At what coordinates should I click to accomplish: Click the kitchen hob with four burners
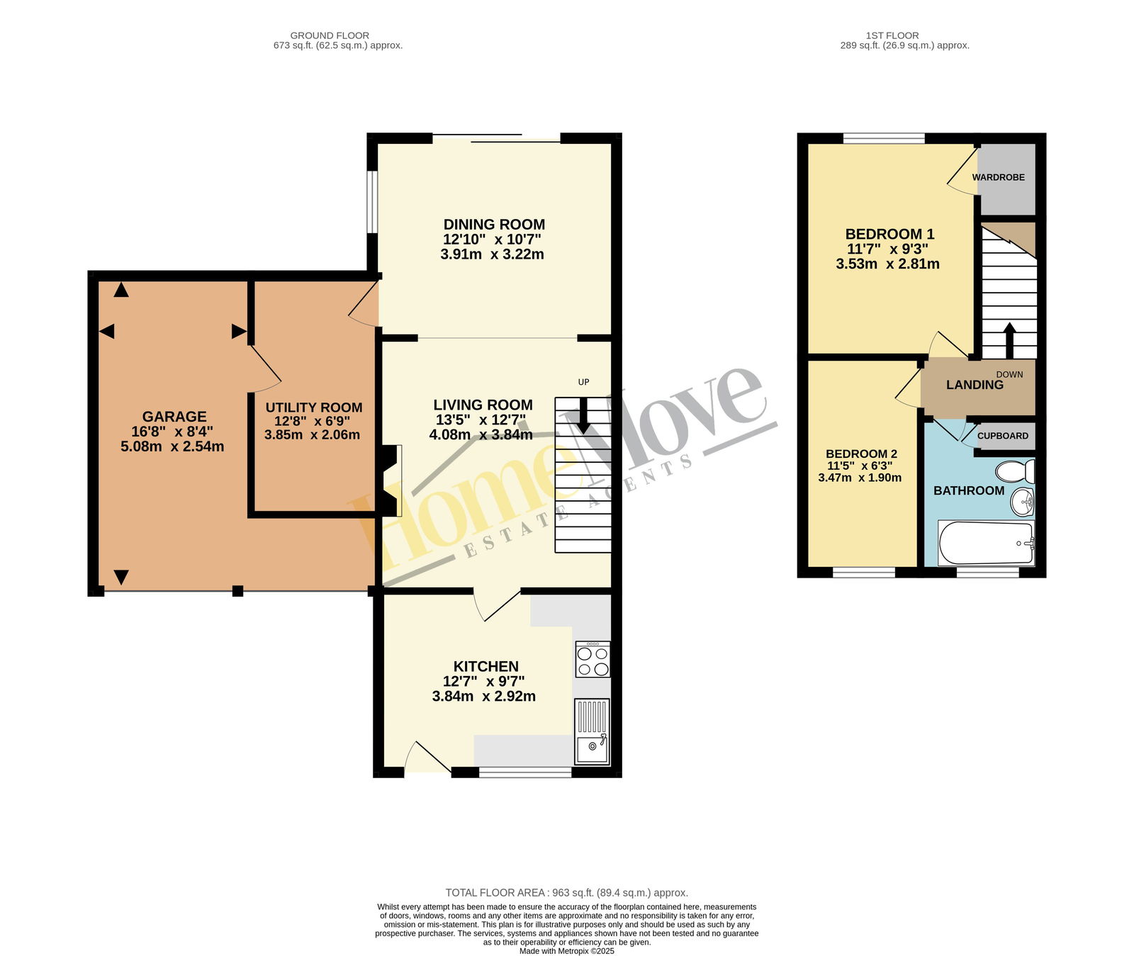click(x=593, y=659)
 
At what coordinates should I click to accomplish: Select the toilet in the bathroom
click(x=1015, y=471)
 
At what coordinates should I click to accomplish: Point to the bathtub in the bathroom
click(x=986, y=543)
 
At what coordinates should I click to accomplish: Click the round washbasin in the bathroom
click(x=1022, y=502)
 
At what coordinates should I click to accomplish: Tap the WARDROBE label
click(x=998, y=177)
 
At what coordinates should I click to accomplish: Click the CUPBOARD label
click(x=1003, y=436)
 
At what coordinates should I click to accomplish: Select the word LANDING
click(x=975, y=385)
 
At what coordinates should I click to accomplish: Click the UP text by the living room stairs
click(x=583, y=382)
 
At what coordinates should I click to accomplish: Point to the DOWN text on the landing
click(x=1009, y=374)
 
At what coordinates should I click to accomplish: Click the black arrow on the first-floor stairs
click(x=1009, y=340)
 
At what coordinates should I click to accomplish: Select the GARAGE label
click(x=174, y=417)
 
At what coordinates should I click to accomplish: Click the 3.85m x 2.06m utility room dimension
click(x=312, y=434)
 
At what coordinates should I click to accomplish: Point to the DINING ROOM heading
click(x=494, y=225)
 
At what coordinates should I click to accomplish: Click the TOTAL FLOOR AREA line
click(x=566, y=893)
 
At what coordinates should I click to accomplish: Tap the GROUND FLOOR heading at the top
click(x=330, y=35)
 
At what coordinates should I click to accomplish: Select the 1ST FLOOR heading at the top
click(x=892, y=35)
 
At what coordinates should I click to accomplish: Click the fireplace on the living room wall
click(x=391, y=480)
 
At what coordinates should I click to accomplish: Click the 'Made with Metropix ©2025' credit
click(x=567, y=951)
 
